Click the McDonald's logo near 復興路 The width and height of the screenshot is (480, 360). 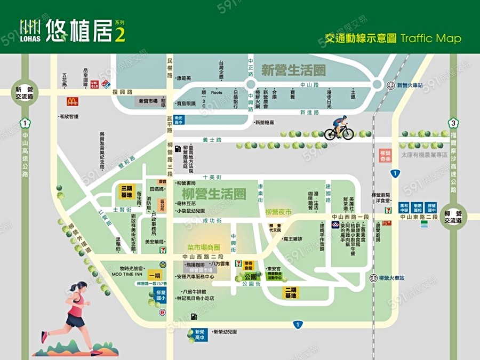click(73, 101)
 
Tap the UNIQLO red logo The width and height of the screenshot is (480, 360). click(95, 84)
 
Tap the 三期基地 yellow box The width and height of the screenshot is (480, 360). click(126, 191)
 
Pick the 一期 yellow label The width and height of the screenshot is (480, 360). click(155, 276)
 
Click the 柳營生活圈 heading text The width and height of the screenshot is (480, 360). click(213, 194)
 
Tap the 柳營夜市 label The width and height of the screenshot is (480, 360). click(279, 212)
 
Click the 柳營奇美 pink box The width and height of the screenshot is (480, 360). click(386, 155)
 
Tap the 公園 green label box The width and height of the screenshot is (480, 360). click(251, 277)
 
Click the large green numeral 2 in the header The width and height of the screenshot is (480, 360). click(121, 34)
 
